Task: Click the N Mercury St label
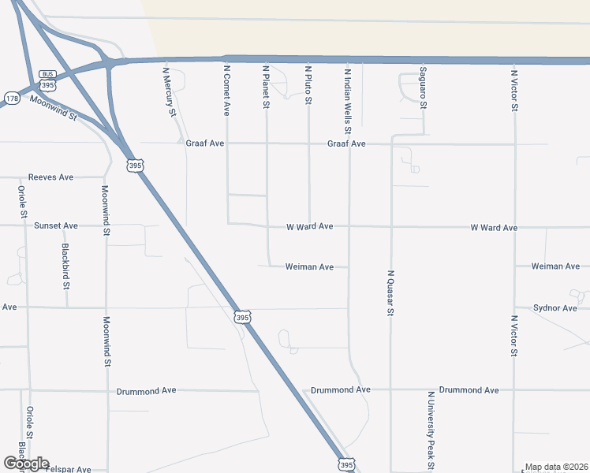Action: click(169, 91)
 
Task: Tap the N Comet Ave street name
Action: click(226, 91)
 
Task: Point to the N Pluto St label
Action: click(308, 85)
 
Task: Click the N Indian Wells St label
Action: click(347, 100)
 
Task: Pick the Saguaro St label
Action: click(423, 87)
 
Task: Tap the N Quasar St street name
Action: click(390, 293)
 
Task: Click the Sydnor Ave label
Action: click(555, 307)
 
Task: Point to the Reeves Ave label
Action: click(50, 177)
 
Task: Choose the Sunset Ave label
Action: click(56, 225)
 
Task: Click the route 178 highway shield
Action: click(12, 98)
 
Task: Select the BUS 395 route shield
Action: click(49, 80)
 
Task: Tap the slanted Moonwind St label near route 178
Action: click(53, 107)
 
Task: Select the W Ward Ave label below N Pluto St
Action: click(309, 226)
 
